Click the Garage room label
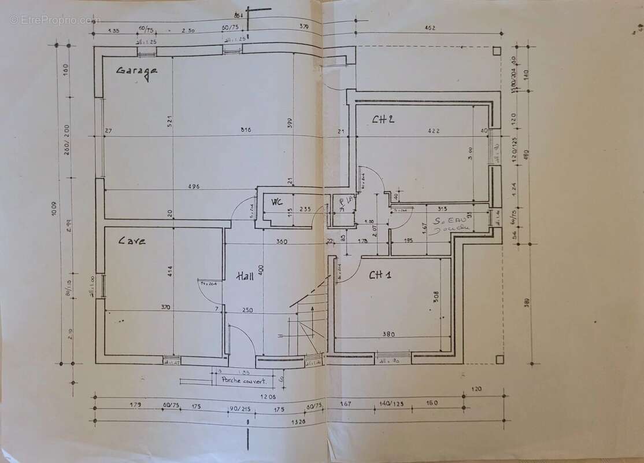(x=137, y=71)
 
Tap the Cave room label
(x=132, y=240)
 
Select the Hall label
(x=245, y=277)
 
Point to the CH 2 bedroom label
(x=383, y=120)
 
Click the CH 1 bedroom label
(x=380, y=275)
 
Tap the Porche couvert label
(x=243, y=381)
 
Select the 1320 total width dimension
(x=298, y=422)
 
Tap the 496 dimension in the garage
(x=195, y=186)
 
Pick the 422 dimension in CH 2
(x=434, y=131)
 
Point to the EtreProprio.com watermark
(x=55, y=20)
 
